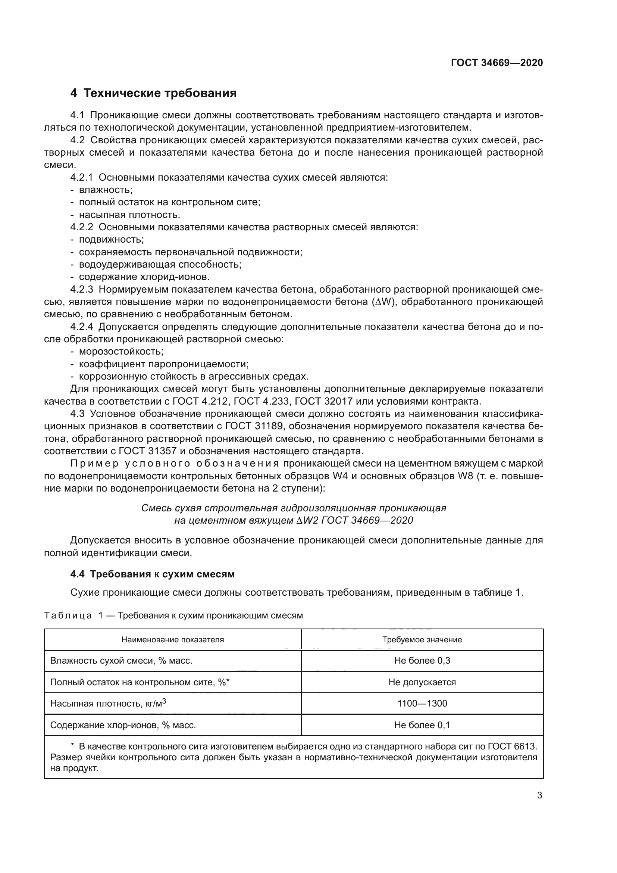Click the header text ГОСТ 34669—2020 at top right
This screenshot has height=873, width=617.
coord(497,63)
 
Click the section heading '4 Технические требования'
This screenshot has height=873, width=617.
coord(153,93)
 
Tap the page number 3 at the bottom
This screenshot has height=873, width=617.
coord(539,795)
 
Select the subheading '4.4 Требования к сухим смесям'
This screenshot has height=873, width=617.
coord(152,574)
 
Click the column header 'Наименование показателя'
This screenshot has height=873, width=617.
coord(172,640)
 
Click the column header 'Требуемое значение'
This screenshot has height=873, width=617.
coord(422,640)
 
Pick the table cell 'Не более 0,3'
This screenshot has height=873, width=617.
coord(422,661)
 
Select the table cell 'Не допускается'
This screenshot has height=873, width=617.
coord(422,682)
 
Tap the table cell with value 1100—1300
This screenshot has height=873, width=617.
coord(422,704)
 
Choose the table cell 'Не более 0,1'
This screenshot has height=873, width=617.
coord(422,725)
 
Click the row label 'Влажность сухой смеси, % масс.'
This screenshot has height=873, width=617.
coord(121,661)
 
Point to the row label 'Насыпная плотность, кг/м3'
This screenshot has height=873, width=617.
coord(108,704)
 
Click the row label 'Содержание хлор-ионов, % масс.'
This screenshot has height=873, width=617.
coord(123,725)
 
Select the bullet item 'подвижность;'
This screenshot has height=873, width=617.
coord(111,240)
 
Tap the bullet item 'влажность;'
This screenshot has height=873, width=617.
coord(106,190)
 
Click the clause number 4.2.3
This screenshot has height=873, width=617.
coord(81,289)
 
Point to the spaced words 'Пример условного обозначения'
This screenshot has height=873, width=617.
coord(175,464)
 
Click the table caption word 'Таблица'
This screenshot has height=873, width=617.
coord(68,615)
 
